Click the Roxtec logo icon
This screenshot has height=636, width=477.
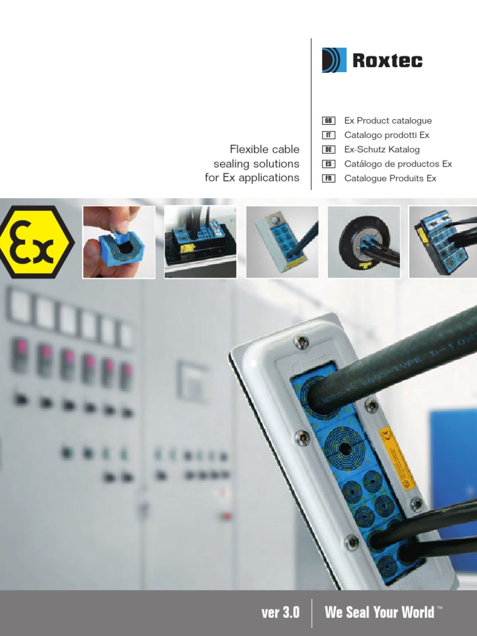coord(334,60)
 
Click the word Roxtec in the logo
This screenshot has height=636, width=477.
coord(387,61)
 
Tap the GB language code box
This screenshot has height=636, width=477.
coord(329,121)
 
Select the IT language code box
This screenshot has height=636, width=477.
coord(329,135)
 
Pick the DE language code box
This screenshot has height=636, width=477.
coord(329,150)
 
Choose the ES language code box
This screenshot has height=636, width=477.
coord(329,164)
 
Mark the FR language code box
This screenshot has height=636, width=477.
coord(329,178)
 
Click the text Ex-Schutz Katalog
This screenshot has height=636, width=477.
coord(382,150)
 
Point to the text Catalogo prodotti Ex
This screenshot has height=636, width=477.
coord(386,135)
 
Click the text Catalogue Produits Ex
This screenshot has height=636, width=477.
coord(390,178)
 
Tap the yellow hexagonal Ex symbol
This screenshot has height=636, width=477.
coord(36,242)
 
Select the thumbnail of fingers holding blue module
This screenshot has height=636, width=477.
coord(119,242)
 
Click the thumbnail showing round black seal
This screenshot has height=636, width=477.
coord(363,242)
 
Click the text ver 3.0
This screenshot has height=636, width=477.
coord(281,613)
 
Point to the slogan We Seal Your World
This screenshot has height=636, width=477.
coord(379,613)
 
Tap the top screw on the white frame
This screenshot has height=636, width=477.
coord(301,342)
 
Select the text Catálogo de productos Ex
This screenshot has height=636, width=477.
coord(398,164)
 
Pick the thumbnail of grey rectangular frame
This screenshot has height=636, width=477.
coord(282,242)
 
